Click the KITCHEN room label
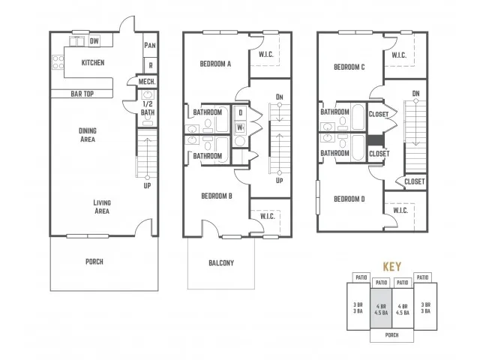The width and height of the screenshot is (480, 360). point(93,63)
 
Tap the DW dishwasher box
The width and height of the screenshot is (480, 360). point(94,40)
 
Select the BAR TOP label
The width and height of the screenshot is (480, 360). point(82,94)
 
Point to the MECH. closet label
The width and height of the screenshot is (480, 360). point(147,82)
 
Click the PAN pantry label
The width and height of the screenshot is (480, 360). point(150,46)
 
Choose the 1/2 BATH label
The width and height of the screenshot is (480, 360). point(148,108)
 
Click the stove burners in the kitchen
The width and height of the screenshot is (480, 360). point(58,62)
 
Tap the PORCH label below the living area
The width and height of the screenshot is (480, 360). point(94,262)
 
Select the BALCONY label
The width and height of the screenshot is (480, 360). point(221,263)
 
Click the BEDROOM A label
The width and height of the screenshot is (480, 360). point(215,64)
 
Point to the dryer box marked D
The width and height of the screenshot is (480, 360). point(240,112)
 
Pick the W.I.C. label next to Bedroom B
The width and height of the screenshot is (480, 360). point(268,217)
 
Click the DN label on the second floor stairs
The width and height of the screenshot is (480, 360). point(279,97)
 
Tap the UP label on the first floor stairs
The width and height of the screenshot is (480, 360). point(147,186)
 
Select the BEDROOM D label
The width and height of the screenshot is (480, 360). point(349,199)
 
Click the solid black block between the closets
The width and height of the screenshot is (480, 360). point(376,140)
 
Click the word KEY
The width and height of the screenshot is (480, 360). point(391,267)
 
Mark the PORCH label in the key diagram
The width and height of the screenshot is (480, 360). point(391,335)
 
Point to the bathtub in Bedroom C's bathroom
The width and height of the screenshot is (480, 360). point(358,117)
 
